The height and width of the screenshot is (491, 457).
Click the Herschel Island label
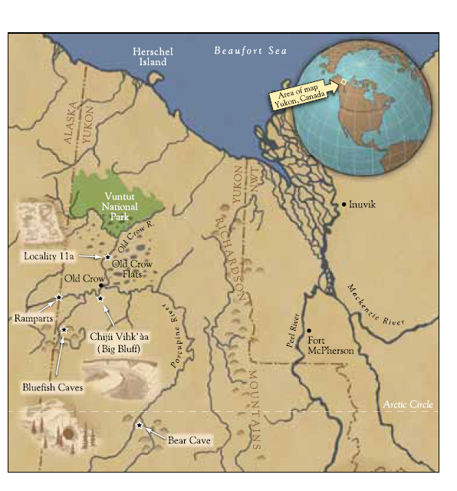pos(153,57)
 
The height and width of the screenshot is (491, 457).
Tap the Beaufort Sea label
pos(250,51)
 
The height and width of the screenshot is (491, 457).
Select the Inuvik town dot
pos(344,204)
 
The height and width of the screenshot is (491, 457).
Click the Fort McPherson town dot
pos(309,330)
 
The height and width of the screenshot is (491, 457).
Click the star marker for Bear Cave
pos(139,425)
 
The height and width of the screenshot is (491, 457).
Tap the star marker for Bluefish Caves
pos(64,330)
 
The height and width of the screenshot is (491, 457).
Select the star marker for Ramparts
pos(59,297)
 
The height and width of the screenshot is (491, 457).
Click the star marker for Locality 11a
pos(108,256)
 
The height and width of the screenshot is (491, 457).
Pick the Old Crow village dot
pos(101,285)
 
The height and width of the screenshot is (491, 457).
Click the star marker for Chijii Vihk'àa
pos(100,298)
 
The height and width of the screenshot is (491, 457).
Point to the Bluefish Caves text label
pos(52,387)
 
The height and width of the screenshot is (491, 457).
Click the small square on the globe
pos(344,81)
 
